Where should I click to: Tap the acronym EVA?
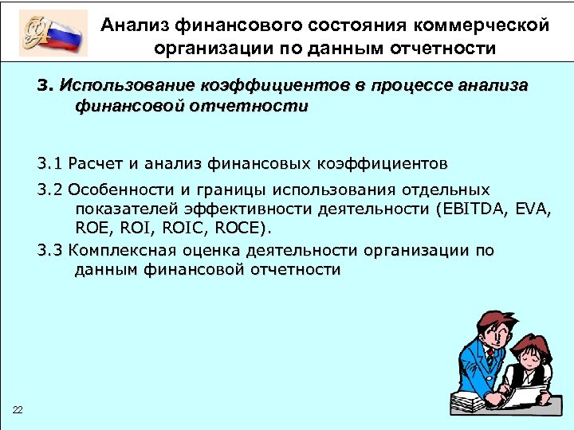[533, 210]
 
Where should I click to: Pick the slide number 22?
[18, 410]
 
